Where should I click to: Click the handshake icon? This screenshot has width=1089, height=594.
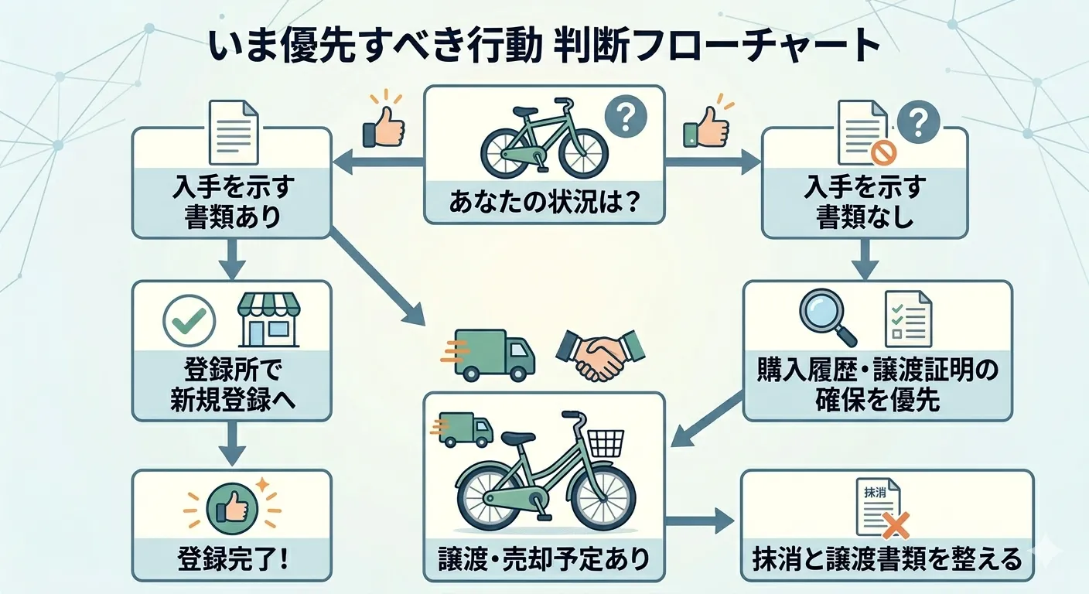coord(600,355)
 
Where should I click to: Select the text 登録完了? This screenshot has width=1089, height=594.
coord(232,559)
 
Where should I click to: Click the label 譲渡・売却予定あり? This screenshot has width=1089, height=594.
coord(544,559)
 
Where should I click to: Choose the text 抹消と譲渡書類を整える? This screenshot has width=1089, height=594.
coord(886,559)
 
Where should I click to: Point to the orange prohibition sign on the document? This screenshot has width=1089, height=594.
coord(881,153)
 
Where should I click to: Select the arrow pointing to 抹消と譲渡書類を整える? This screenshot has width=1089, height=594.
coord(699,520)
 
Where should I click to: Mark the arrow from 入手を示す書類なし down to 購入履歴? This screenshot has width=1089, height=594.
coord(865,258)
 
